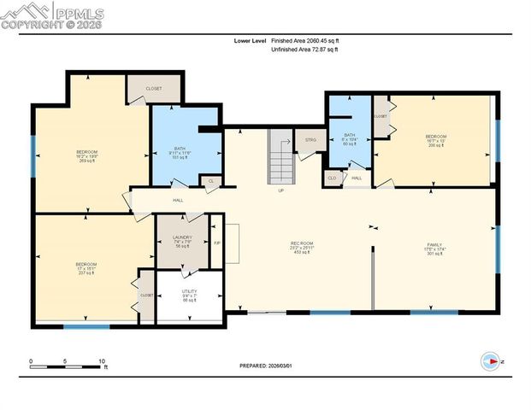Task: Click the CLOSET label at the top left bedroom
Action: [x=155, y=87]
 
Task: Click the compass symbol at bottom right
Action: [x=490, y=360]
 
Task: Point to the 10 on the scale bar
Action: [x=102, y=361]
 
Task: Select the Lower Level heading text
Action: [x=251, y=40]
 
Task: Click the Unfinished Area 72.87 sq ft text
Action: [x=304, y=50]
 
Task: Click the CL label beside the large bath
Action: [x=210, y=181]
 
